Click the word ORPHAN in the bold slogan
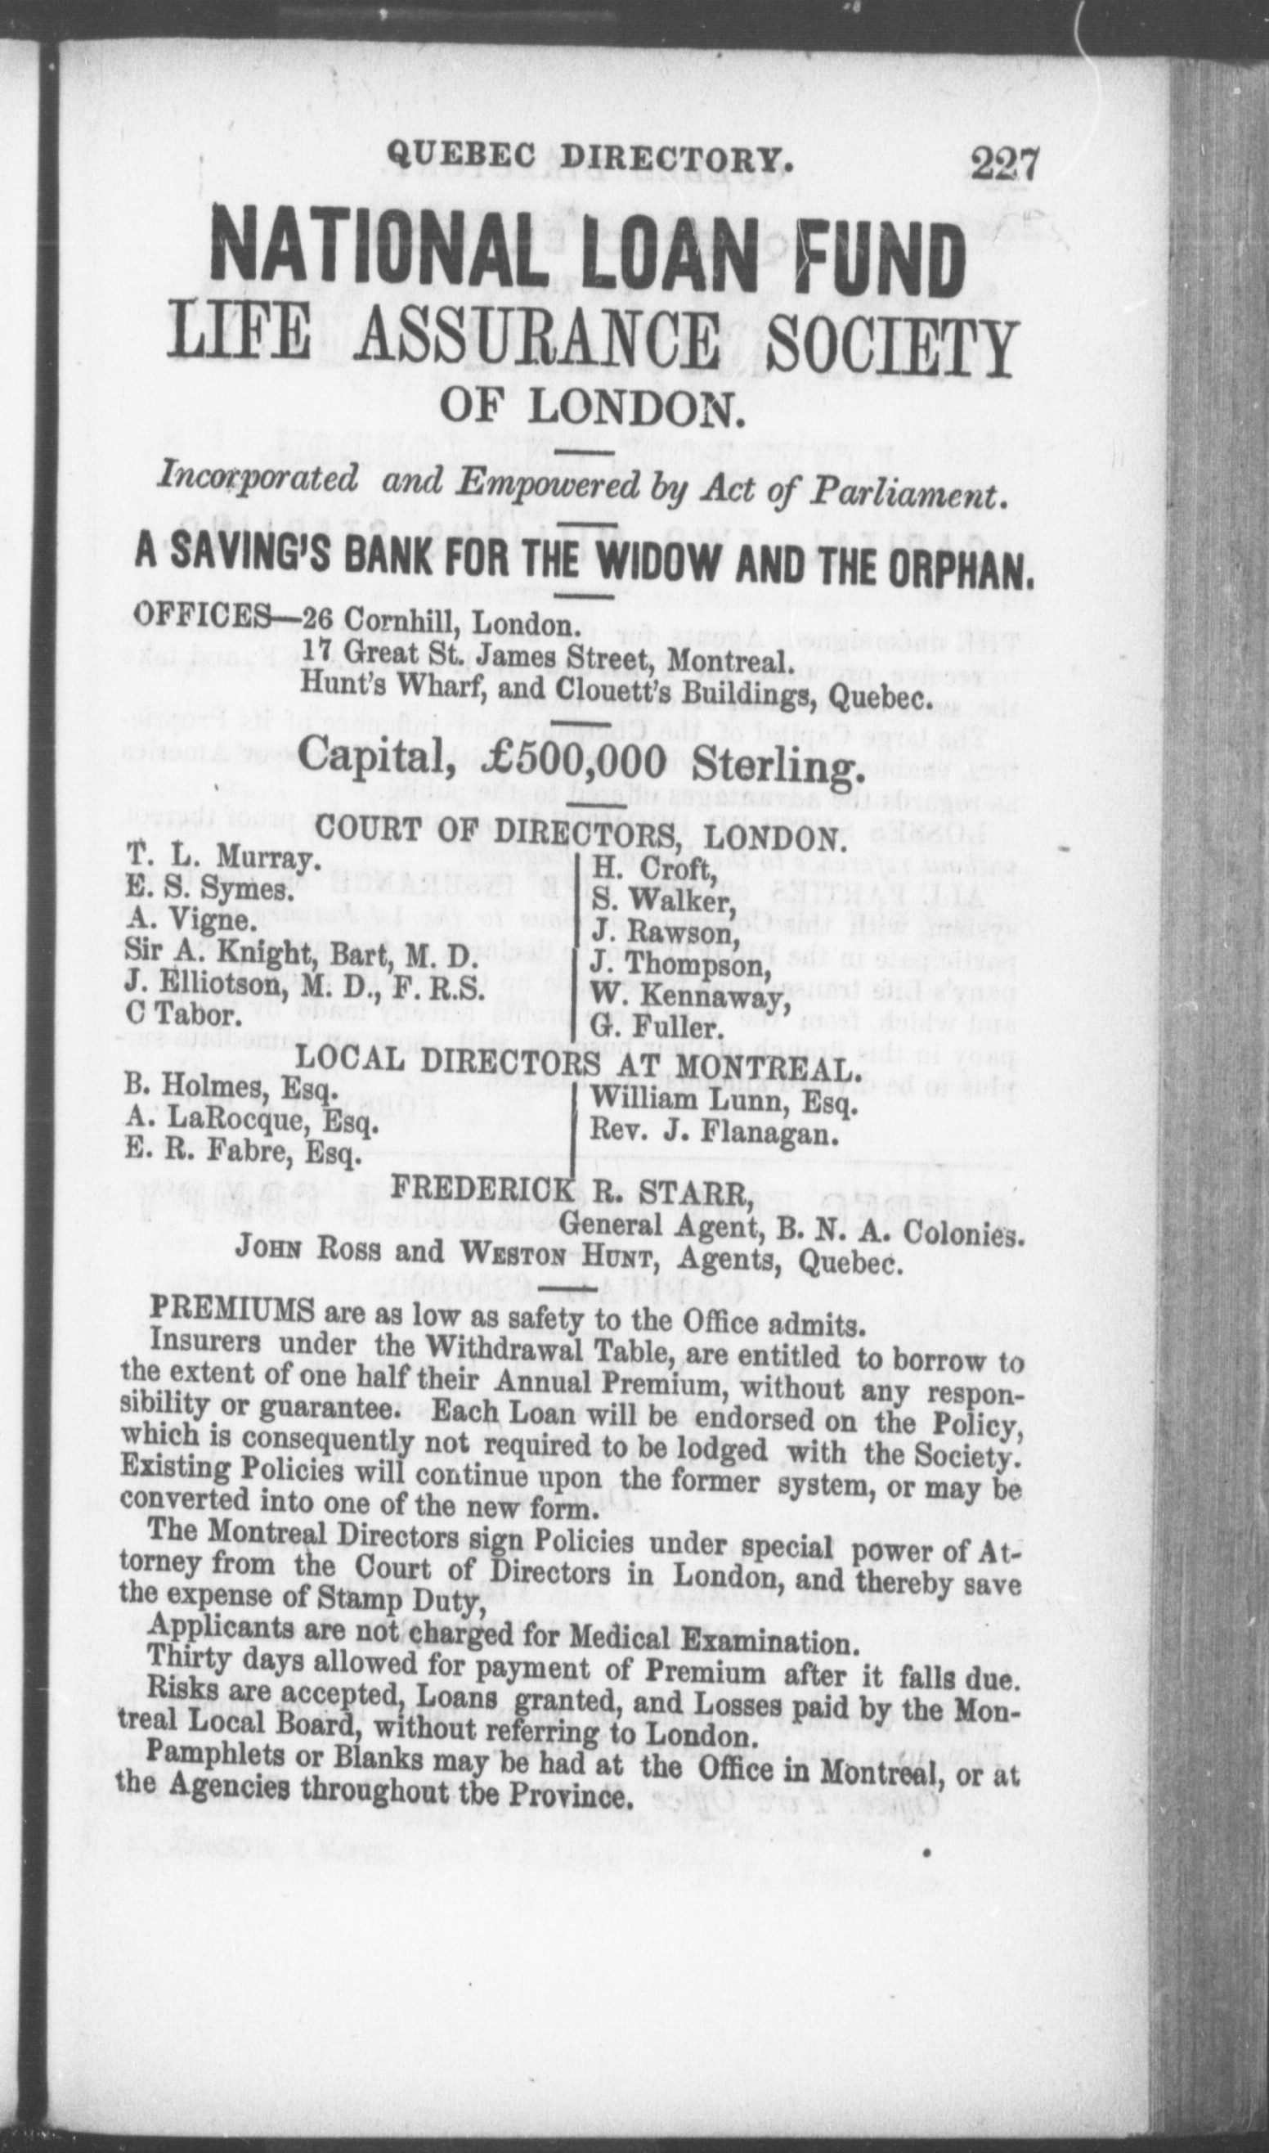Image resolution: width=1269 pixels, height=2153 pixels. pos(963,567)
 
